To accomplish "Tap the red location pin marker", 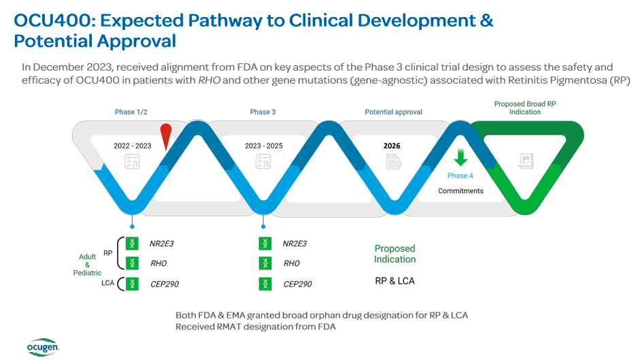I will [x=165, y=137].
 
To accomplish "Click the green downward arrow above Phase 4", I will [x=460, y=157].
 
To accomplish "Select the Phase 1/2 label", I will [x=131, y=112].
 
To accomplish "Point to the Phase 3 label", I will [x=263, y=112].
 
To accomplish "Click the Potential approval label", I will [x=393, y=112].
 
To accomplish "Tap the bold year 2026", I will [x=392, y=146].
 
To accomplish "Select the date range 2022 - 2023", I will [x=132, y=146].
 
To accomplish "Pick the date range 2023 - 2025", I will [x=263, y=146].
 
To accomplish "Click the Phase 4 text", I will [x=460, y=176].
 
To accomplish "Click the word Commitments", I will [x=460, y=191].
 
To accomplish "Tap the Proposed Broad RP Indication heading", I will [x=526, y=108].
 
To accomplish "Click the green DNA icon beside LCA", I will [x=132, y=284].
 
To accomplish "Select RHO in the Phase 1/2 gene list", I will [x=158, y=263].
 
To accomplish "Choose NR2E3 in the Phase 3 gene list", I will [x=294, y=244].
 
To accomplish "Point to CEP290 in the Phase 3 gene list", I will [x=297, y=284].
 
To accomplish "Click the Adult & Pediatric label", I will [x=87, y=265].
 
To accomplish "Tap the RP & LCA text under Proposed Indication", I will [x=394, y=281].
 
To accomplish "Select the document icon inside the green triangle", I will [x=525, y=161].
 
